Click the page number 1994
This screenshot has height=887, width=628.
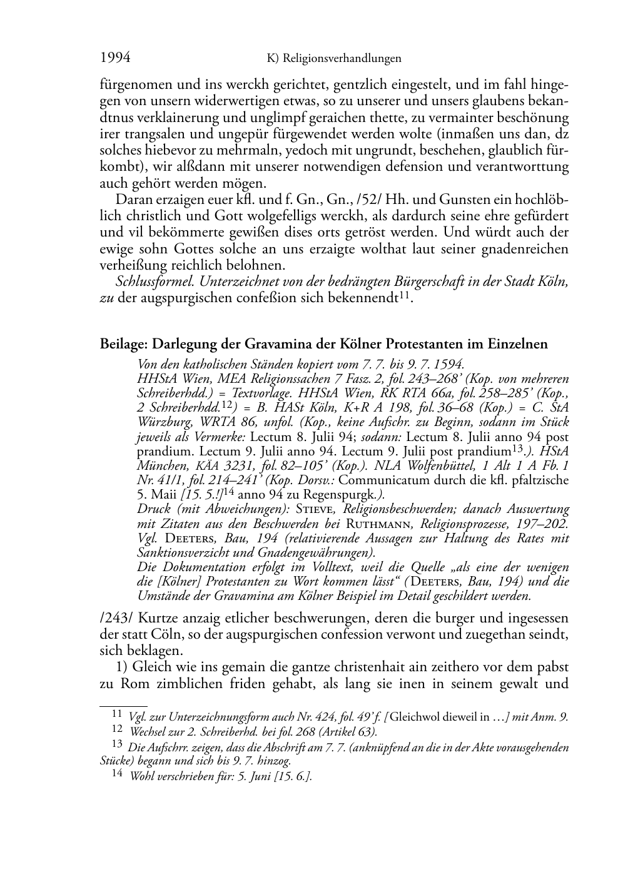coord(114,58)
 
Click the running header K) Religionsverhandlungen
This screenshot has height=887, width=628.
coord(333,59)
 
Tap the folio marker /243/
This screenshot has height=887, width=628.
coord(116,619)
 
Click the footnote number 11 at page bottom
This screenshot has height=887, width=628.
coord(116,713)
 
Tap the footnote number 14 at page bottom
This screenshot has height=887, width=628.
coord(116,774)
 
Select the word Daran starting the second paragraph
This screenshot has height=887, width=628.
coord(133,200)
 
